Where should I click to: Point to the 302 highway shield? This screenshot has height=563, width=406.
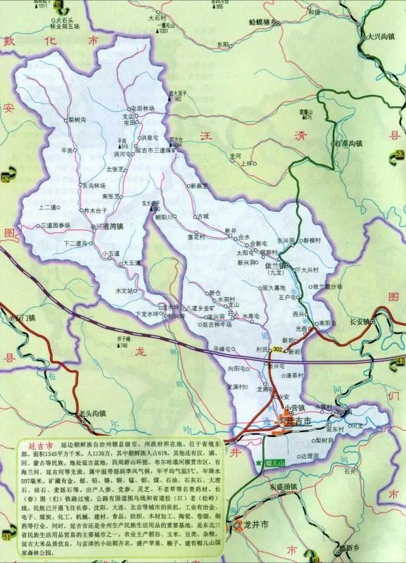pos(277,349)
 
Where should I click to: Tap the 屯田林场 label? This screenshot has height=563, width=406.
pos(139,109)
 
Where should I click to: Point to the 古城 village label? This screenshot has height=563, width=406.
pos(203,215)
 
